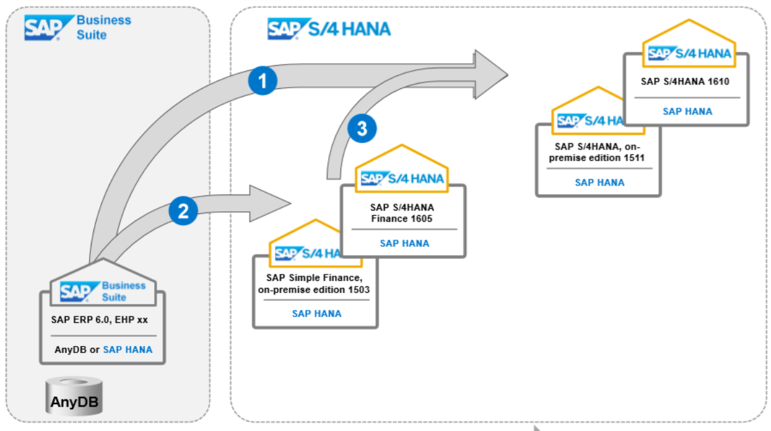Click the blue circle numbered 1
point(262,81)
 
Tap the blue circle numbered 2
point(182,211)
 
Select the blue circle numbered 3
point(362,128)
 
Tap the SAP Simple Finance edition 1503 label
point(315,283)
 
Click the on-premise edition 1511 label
point(597,152)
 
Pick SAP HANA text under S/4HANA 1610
point(687,111)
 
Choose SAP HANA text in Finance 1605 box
point(404,244)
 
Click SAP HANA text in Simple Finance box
point(317,314)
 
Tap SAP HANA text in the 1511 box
point(600,182)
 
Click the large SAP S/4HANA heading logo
point(329,30)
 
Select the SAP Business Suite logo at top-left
point(77,28)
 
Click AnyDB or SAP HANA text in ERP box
point(103,350)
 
